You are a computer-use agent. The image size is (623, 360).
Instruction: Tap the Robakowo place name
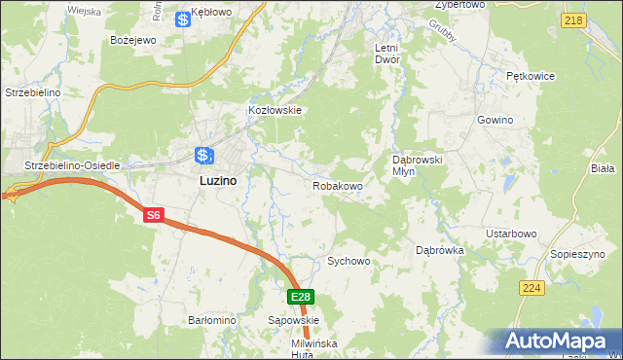(x=338, y=185)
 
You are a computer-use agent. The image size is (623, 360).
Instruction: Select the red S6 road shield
(x=153, y=216)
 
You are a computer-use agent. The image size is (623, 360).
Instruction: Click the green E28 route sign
(x=301, y=298)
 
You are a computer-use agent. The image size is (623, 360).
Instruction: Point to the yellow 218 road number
(x=573, y=20)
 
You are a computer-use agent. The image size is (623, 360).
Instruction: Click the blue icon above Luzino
(x=202, y=155)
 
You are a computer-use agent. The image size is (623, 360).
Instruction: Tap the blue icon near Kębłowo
(x=183, y=18)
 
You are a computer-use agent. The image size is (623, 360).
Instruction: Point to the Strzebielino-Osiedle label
(x=72, y=165)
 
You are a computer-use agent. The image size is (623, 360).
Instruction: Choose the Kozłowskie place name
(x=276, y=110)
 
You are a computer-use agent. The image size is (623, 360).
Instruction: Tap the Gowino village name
(x=495, y=120)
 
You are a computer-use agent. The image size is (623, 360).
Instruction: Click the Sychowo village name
(x=348, y=261)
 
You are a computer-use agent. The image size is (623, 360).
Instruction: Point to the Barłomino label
(x=212, y=319)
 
